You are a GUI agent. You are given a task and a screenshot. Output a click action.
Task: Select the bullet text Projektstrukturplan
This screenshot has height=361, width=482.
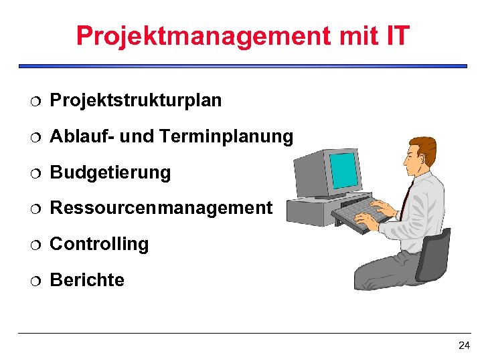pyautogui.click(x=136, y=100)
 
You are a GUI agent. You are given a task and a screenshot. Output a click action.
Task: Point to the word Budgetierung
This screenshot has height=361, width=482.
pyautogui.click(x=110, y=172)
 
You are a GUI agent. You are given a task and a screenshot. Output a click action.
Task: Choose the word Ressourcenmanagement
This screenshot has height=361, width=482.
pyautogui.click(x=161, y=208)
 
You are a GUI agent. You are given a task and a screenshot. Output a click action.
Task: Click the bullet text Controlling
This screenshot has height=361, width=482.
pyautogui.click(x=100, y=244)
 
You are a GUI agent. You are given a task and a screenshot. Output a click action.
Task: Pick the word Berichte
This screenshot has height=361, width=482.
pyautogui.click(x=87, y=280)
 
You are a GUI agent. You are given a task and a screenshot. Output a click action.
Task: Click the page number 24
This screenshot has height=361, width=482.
pyautogui.click(x=464, y=346)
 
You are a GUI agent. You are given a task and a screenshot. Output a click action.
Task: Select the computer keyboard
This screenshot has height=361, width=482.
pyautogui.click(x=362, y=214)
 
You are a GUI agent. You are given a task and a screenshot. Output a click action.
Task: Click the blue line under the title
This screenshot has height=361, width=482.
pyautogui.click(x=242, y=66)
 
